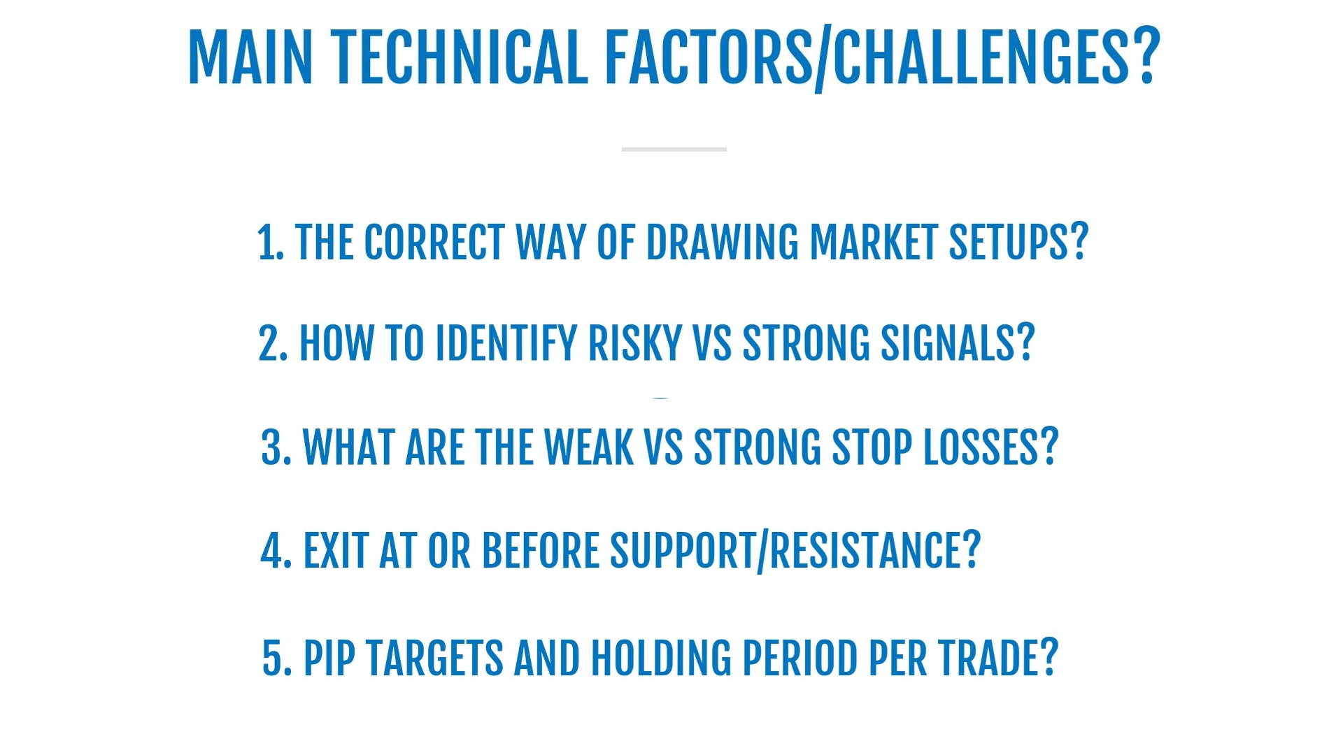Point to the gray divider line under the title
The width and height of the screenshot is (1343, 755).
coord(674,149)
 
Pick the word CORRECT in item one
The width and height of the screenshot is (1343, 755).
coord(435,243)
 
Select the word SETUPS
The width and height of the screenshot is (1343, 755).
coord(1009,243)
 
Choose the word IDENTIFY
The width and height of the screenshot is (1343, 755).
coord(506,343)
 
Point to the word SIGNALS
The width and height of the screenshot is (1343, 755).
coord(948,343)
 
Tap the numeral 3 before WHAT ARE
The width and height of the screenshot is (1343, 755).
coord(271,447)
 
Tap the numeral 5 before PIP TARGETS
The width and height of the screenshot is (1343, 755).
coord(272,659)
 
